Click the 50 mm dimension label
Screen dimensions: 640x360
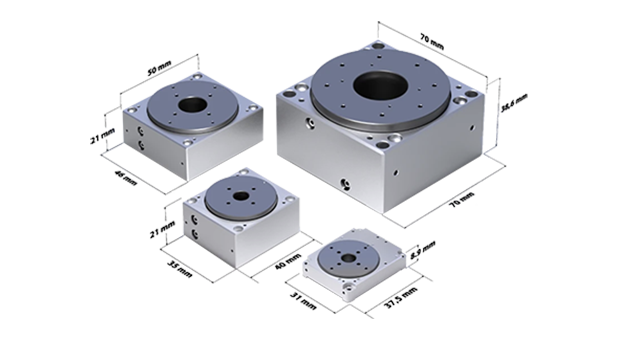click(x=159, y=68)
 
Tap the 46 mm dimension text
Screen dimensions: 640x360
click(x=125, y=178)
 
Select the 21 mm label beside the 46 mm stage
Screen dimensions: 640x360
click(x=102, y=136)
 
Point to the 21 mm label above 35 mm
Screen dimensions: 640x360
click(x=162, y=229)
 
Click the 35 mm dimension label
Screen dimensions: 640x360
click(x=180, y=269)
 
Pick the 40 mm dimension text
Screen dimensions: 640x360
click(x=288, y=261)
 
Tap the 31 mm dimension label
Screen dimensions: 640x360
click(x=303, y=301)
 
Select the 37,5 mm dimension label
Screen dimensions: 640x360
click(x=402, y=297)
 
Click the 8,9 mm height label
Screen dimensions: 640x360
click(x=423, y=250)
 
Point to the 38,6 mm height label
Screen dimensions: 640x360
click(x=514, y=102)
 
